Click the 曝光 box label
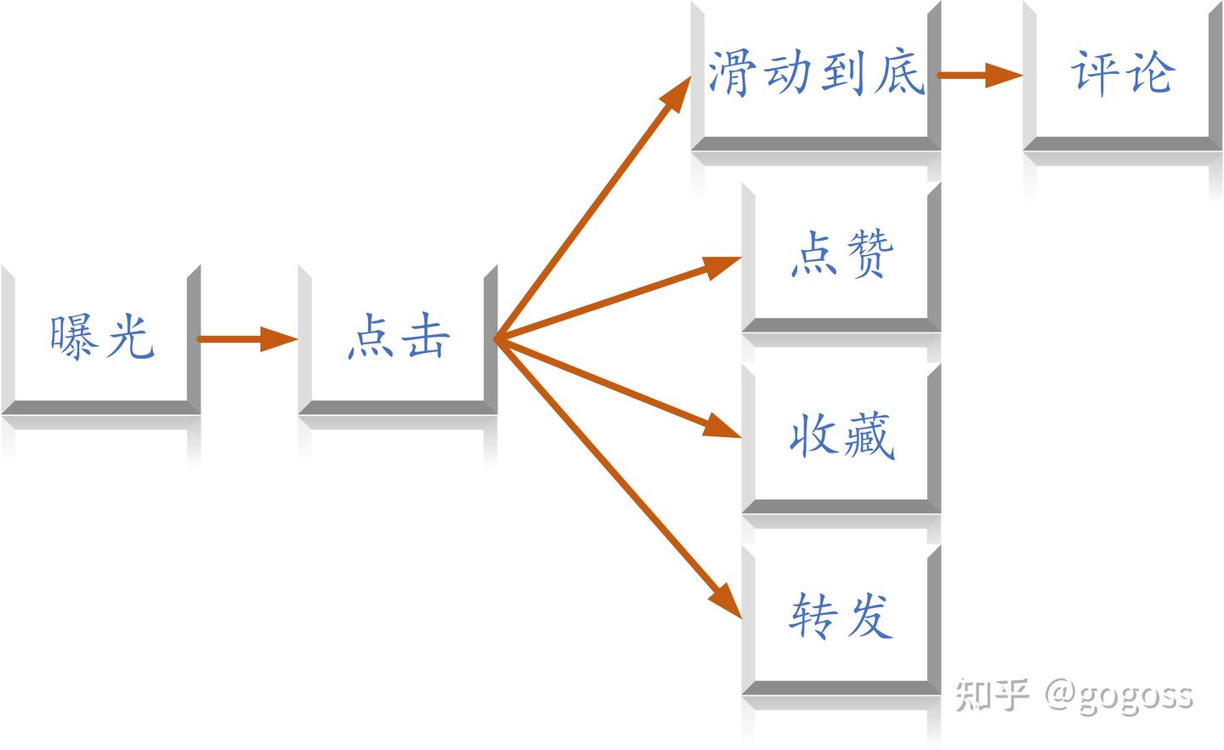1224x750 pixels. pos(102,337)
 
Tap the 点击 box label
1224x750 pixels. pos(399,336)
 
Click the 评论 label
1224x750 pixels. pos(1123,73)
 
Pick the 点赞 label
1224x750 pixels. pos(842,253)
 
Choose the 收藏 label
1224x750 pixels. pos(842,435)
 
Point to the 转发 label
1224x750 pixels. pos(841,616)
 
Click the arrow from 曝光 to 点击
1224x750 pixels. pos(247,339)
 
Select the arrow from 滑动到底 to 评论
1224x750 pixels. pos(980,76)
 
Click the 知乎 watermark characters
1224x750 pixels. pos(992,695)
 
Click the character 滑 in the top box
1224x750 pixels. pos(733,73)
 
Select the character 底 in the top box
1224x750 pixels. pos(900,71)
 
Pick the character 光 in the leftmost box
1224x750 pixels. pos(131,337)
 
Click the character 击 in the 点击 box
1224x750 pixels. pos(426,336)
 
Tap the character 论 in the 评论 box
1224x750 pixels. pos(1151,72)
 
